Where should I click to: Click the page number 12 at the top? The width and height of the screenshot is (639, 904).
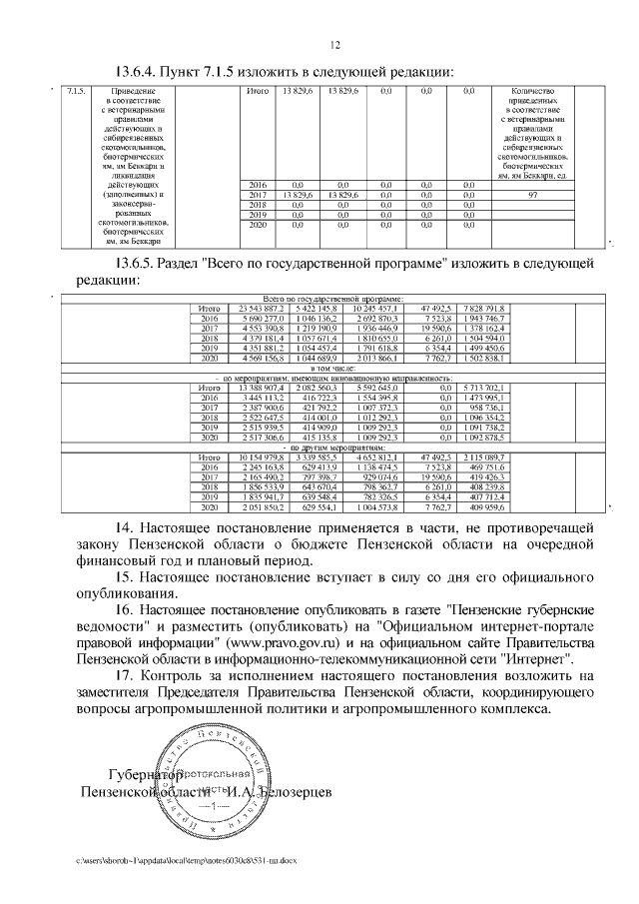tap(335, 44)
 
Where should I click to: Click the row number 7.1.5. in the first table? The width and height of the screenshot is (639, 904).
tap(74, 92)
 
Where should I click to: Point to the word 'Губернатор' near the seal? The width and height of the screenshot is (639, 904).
tap(144, 775)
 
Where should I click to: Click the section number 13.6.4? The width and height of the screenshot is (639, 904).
tap(142, 71)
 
